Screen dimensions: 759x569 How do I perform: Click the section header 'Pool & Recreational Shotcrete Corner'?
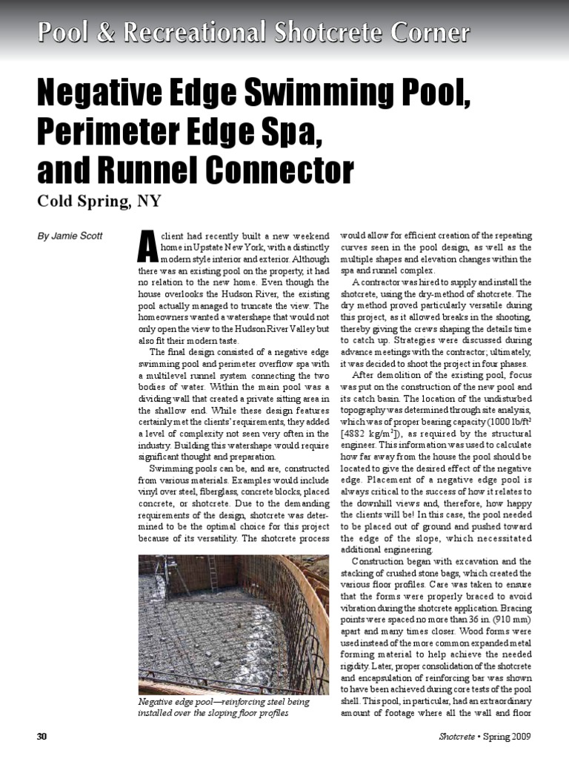click(x=253, y=33)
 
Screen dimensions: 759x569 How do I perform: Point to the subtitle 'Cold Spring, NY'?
click(x=99, y=202)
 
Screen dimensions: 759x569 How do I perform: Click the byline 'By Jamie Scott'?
click(x=71, y=236)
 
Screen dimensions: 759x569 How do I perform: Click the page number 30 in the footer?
click(x=41, y=736)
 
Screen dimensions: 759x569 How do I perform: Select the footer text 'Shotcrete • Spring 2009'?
click(x=484, y=736)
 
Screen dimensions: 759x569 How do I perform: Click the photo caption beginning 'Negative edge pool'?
click(x=224, y=706)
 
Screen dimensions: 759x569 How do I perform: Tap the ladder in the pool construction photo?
click(x=213, y=573)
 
